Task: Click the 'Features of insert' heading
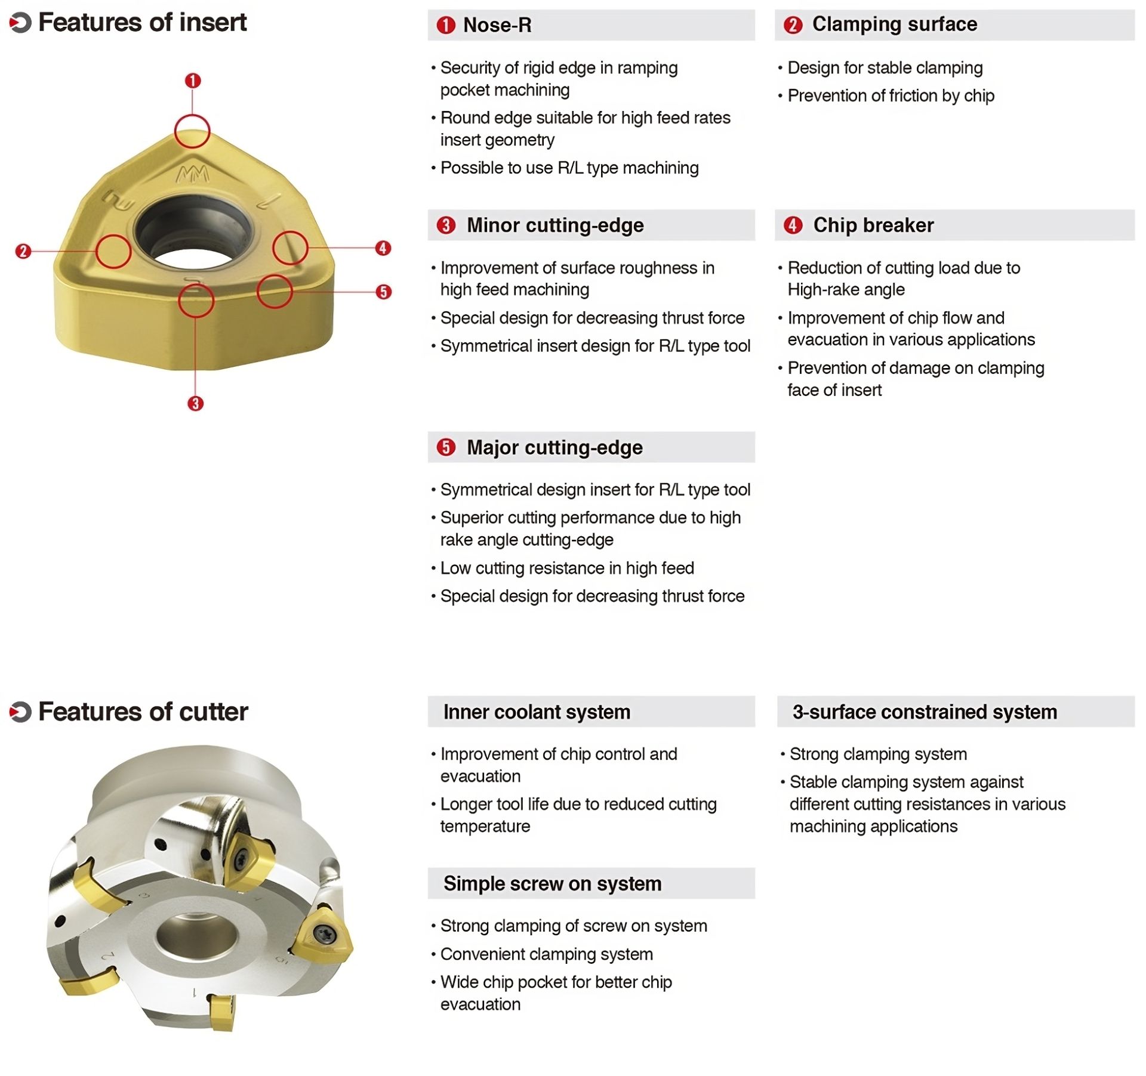coord(142,23)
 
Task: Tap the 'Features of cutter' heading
coord(143,712)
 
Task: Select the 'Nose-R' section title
coord(497,25)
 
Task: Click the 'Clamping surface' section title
coord(894,24)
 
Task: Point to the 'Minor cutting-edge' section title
coord(554,225)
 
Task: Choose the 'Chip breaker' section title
coord(873,225)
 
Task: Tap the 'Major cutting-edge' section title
coord(554,447)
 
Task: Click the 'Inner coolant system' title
coord(536,712)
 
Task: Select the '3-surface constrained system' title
coord(924,712)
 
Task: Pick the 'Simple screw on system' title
coord(552,883)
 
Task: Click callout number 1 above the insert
coord(193,81)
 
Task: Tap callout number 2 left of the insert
coord(23,251)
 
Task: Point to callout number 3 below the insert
coord(195,404)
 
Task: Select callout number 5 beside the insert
coord(384,292)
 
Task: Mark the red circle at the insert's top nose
coord(192,131)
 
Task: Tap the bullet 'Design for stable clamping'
coord(885,68)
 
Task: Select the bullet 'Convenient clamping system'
coord(546,954)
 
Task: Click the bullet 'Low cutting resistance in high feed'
coord(566,568)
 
